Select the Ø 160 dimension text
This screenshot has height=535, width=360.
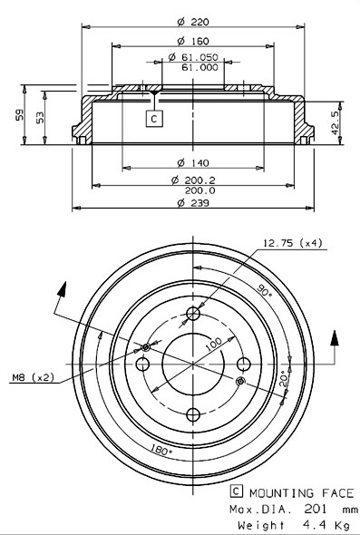coord(189,41)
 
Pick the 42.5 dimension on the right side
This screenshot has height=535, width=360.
coord(336,122)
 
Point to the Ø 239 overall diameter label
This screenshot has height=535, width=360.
coord(190,203)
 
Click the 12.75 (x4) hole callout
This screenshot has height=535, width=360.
coord(294,242)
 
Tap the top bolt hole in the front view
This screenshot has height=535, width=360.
coord(192,314)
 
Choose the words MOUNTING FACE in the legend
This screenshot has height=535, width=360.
coord(301,491)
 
